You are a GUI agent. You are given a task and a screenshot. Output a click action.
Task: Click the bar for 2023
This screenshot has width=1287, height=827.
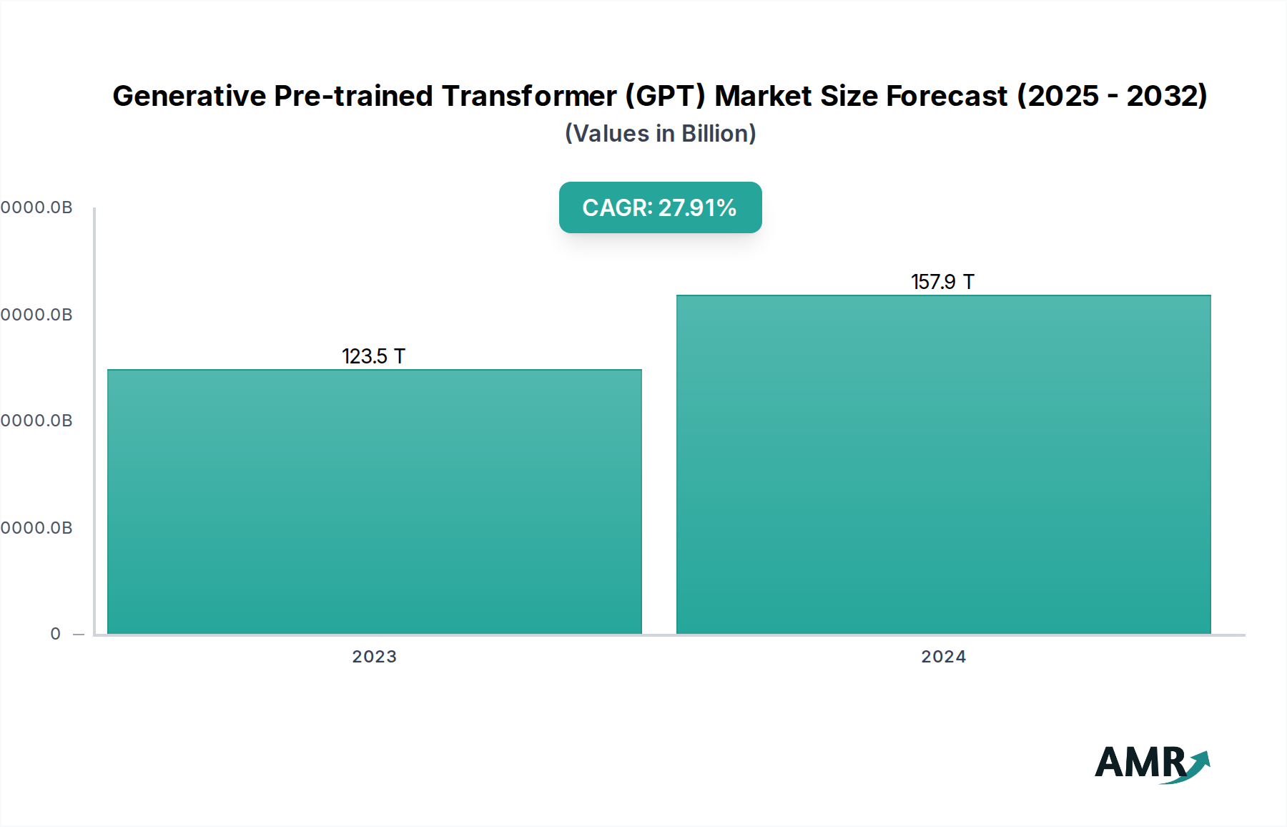click(x=374, y=501)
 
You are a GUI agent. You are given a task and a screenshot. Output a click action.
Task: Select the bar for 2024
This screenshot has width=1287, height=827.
click(x=943, y=465)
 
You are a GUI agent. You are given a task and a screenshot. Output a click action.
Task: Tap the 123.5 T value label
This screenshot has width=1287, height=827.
click(x=373, y=356)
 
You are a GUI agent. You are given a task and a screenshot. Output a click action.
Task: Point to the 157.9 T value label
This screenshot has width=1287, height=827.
click(x=942, y=282)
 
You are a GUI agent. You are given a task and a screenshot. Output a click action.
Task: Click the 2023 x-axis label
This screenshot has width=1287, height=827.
click(x=374, y=657)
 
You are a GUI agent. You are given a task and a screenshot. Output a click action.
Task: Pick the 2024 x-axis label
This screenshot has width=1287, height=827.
click(x=943, y=657)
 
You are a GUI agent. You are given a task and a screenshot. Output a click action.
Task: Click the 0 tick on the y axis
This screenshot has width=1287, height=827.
click(x=56, y=634)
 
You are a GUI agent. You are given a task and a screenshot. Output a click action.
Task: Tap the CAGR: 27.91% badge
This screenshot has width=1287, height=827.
click(x=660, y=207)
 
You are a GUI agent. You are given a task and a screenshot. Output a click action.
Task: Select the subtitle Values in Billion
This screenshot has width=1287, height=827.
click(x=660, y=134)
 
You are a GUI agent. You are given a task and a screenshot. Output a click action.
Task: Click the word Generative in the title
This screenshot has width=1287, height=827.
click(x=189, y=96)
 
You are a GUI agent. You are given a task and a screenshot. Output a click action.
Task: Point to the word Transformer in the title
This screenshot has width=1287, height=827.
click(x=529, y=96)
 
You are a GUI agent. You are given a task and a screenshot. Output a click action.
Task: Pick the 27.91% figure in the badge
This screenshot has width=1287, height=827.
click(x=697, y=207)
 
